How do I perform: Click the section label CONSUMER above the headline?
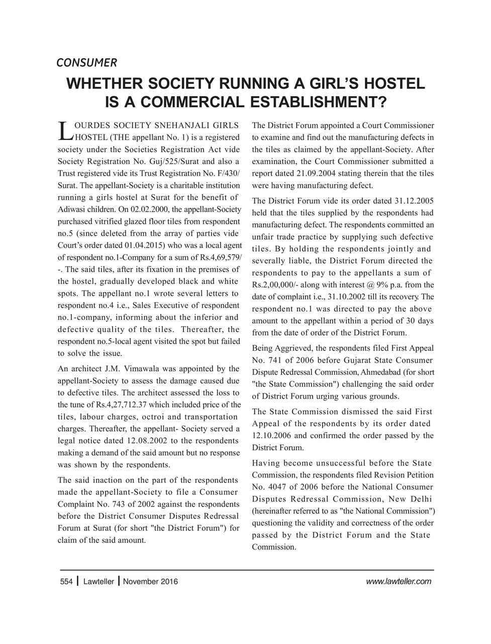[x=86, y=63]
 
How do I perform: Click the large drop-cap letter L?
[x=63, y=130]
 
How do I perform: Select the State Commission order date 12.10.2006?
[x=272, y=435]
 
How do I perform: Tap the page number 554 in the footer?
[x=66, y=582]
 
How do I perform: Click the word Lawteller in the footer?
[x=99, y=582]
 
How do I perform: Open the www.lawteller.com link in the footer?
[x=399, y=582]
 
